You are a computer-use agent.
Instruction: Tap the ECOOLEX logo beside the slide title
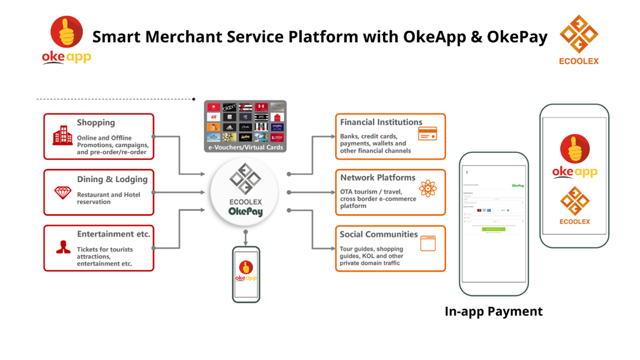point(578,39)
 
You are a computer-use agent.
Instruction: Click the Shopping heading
point(96,123)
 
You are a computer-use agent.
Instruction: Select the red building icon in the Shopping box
point(63,135)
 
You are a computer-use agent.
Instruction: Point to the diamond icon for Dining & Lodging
point(63,193)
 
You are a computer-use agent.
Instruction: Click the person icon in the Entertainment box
point(63,247)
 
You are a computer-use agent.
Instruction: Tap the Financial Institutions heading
point(381,122)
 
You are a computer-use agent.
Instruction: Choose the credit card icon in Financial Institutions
point(427,134)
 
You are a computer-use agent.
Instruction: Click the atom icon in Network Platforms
point(427,189)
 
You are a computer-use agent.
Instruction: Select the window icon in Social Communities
point(427,244)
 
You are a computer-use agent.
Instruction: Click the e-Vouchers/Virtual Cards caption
point(245,148)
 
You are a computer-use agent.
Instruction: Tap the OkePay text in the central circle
point(246,212)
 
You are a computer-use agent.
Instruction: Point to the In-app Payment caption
point(493,311)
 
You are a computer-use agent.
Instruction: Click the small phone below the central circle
point(246,274)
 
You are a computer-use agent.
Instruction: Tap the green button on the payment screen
point(493,229)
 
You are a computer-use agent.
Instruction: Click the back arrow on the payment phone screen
point(467,172)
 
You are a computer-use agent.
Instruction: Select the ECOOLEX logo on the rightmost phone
point(575,205)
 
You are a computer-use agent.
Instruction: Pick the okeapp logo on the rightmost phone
point(575,157)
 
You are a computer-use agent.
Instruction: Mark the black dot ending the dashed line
point(194,99)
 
